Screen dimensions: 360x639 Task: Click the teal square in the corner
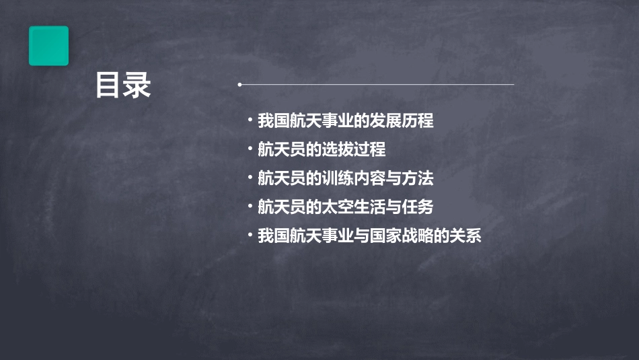pos(48,46)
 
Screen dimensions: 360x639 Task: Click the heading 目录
pos(122,86)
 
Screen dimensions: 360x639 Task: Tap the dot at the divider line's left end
pos(239,85)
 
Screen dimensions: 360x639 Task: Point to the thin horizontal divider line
pos(377,85)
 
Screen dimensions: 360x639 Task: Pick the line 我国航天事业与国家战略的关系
pos(369,236)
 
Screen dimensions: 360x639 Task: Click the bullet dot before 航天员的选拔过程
pos(250,149)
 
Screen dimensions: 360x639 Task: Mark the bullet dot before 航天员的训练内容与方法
pos(250,178)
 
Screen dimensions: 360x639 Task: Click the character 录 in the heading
pos(137,86)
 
